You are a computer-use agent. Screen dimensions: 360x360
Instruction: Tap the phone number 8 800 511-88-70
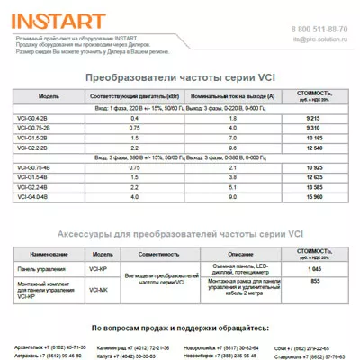coord(319,30)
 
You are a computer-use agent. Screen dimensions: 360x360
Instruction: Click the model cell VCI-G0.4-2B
coord(33,118)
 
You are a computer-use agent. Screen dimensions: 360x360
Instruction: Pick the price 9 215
coord(315,118)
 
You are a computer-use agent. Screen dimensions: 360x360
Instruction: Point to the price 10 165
coord(315,137)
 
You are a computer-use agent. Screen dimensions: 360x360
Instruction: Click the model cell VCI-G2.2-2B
coord(33,147)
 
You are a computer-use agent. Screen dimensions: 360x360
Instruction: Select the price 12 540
coord(315,147)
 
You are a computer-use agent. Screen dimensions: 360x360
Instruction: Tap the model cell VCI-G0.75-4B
coord(34,167)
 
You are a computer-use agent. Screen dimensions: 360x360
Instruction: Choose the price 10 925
coord(315,167)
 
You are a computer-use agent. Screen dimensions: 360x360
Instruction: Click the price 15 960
coord(315,196)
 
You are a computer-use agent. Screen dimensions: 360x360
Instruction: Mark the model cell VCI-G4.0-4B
coord(33,196)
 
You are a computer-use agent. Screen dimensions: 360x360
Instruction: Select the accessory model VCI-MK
coord(101,290)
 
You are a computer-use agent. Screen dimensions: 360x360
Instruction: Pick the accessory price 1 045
coord(315,269)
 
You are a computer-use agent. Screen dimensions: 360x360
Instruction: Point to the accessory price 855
coord(315,282)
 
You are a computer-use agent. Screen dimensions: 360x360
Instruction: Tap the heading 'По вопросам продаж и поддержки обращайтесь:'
coord(180,328)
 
